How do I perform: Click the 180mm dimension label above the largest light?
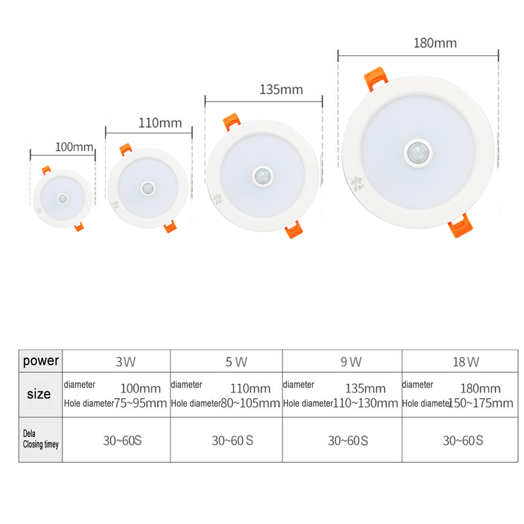(x=435, y=43)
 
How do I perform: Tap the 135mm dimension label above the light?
(x=281, y=90)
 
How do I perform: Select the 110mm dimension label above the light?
(x=160, y=123)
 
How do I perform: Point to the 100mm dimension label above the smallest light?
(x=74, y=147)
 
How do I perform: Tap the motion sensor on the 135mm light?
(x=262, y=177)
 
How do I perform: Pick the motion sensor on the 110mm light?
(x=148, y=188)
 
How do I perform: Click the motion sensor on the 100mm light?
(x=63, y=199)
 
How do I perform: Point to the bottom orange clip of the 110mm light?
(x=170, y=226)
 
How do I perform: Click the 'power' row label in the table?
(x=41, y=361)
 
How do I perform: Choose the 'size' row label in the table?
(x=40, y=394)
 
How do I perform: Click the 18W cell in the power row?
(x=466, y=362)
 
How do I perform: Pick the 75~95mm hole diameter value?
(x=140, y=403)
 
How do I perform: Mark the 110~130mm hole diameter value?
(x=366, y=403)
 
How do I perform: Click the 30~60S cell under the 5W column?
(x=232, y=441)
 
